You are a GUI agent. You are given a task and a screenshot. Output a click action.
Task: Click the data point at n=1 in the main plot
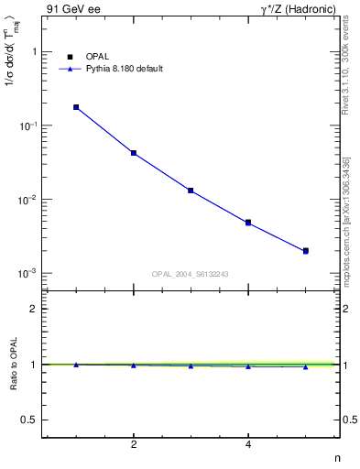[76, 107]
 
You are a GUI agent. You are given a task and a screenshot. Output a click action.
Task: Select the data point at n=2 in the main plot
[134, 153]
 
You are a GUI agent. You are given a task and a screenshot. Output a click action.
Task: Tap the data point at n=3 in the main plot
[191, 191]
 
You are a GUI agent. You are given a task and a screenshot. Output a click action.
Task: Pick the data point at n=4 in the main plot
[248, 223]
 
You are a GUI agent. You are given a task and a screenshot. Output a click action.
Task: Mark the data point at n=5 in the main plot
[306, 250]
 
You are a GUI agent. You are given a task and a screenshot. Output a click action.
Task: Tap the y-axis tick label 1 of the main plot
[33, 52]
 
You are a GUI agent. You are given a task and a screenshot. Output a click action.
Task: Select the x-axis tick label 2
[134, 445]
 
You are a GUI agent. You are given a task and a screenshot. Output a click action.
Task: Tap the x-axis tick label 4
[248, 445]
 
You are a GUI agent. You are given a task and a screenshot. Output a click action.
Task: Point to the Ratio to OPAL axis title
[13, 365]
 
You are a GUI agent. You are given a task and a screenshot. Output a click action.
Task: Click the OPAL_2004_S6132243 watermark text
[190, 273]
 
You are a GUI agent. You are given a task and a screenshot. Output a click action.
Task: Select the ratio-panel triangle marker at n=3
[191, 365]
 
